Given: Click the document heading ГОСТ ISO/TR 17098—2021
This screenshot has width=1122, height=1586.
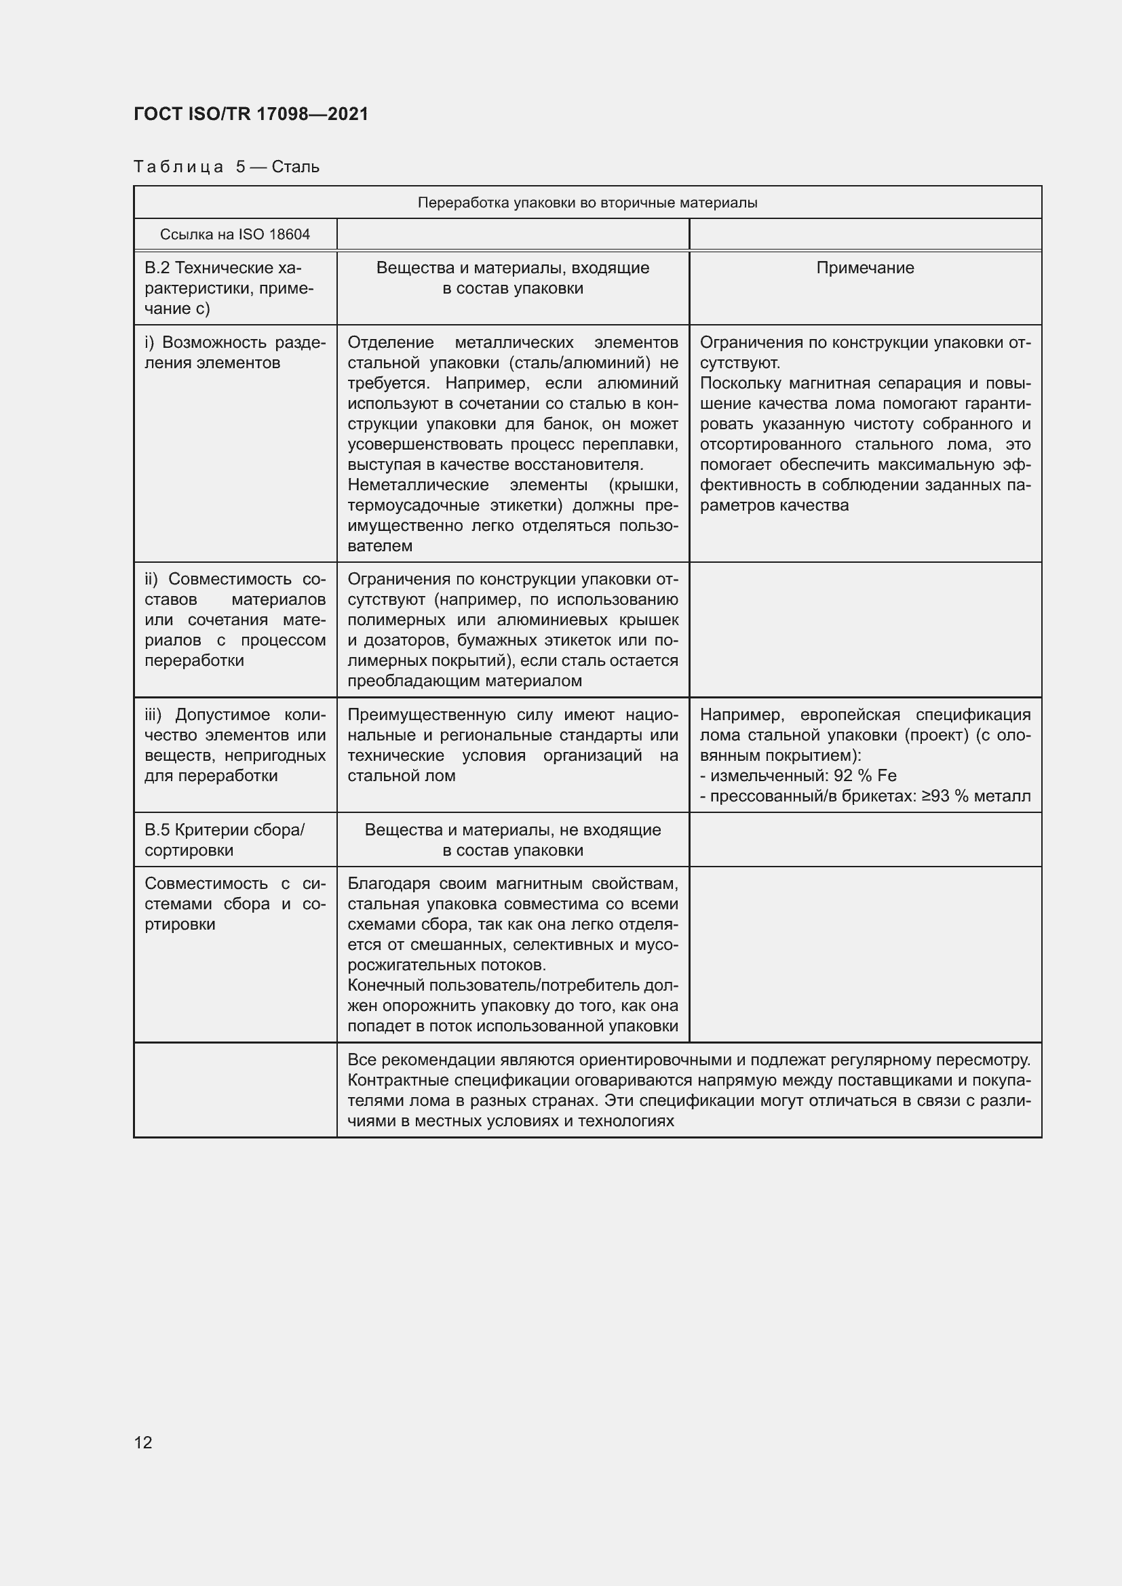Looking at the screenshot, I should pos(251,114).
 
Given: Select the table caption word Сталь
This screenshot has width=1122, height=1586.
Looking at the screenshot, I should pos(296,167).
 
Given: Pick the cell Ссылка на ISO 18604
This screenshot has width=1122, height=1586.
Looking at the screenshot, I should pos(235,234).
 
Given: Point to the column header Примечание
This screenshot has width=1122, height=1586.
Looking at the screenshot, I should pos(865,268).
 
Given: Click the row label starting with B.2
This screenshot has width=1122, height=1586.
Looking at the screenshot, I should pos(229,288).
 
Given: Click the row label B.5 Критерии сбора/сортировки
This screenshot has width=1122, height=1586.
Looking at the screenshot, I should pos(225,839).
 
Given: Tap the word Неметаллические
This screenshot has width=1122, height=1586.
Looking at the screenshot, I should pos(418,485).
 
